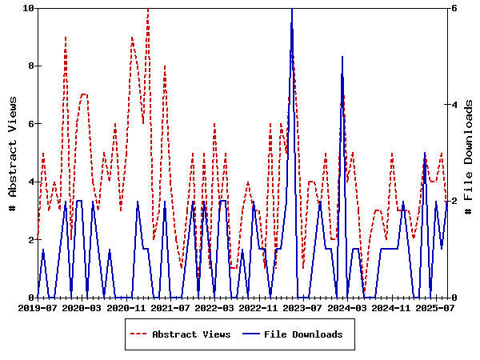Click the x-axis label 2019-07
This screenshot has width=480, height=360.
click(x=38, y=307)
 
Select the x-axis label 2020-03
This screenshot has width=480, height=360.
click(x=82, y=307)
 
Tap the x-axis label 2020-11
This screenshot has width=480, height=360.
click(x=126, y=307)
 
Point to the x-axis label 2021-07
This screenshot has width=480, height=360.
click(x=170, y=307)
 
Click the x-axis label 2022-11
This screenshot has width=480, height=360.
click(x=259, y=307)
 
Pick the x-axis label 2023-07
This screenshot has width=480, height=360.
click(x=303, y=307)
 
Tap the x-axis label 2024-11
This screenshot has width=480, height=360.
click(x=392, y=307)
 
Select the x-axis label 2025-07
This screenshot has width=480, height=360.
click(x=436, y=307)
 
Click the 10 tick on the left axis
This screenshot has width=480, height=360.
click(x=29, y=8)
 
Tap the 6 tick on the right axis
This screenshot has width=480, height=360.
click(x=454, y=8)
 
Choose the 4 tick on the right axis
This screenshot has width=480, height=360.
click(x=454, y=105)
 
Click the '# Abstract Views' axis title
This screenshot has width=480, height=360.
click(x=13, y=153)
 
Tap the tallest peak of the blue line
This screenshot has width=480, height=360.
click(x=292, y=9)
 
